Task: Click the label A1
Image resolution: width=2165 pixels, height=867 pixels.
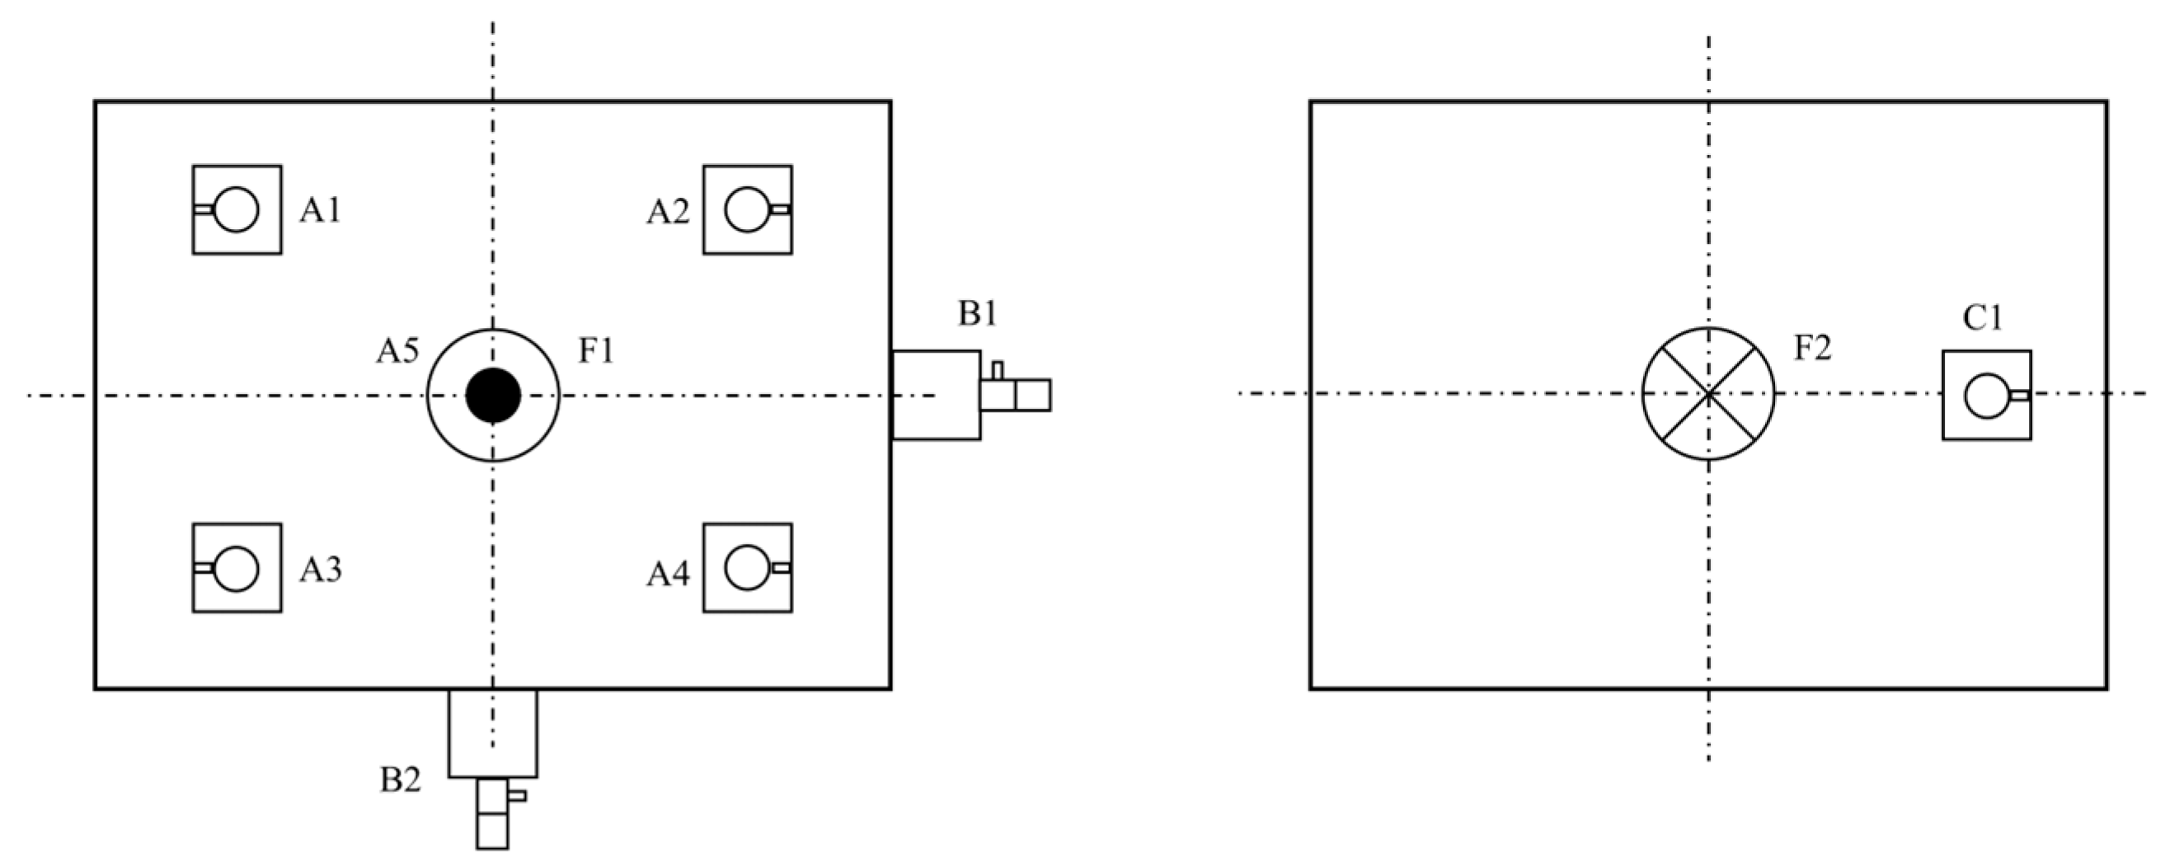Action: coord(320,211)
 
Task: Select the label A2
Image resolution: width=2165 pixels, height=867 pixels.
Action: coord(667,213)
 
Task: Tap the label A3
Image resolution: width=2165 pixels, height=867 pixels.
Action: coord(320,570)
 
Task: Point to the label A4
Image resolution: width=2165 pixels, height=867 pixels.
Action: coord(667,574)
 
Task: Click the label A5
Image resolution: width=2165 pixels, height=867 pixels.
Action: coord(397,351)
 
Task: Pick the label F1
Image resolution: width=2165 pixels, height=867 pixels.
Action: coord(595,351)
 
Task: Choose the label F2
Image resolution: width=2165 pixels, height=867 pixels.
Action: coord(1812,349)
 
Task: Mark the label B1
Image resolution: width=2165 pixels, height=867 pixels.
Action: coord(978,314)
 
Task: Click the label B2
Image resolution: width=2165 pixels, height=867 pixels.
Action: coord(400,780)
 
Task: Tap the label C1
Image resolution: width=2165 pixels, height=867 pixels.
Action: coord(1983,318)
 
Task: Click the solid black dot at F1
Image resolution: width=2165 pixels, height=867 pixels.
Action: coord(493,395)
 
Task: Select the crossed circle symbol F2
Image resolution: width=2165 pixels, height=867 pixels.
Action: coord(1708,393)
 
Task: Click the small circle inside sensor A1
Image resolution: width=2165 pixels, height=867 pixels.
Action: coord(236,209)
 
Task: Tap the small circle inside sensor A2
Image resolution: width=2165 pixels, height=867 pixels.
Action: coord(746,209)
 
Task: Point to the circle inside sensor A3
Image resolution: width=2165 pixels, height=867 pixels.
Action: coord(236,568)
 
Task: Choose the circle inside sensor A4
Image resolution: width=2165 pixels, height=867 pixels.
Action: coord(746,568)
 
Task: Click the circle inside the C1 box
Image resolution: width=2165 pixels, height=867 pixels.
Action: coord(1986,395)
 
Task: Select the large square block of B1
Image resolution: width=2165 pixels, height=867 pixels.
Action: coord(936,395)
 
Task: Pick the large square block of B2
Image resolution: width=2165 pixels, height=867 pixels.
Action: coord(492,733)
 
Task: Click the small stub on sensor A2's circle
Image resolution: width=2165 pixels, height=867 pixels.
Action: coord(780,209)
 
